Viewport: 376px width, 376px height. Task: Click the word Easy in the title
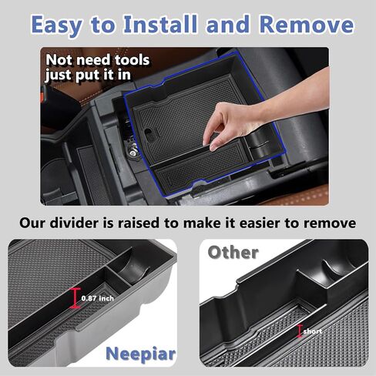[x=56, y=25]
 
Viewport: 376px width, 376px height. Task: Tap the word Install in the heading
[x=160, y=25]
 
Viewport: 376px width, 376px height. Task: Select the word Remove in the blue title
[x=307, y=25]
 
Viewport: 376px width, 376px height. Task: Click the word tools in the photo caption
[x=132, y=60]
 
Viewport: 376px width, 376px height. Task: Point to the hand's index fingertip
[x=213, y=148]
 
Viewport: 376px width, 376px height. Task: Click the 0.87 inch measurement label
[x=98, y=298]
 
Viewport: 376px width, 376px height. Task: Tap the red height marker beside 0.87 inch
[x=75, y=298]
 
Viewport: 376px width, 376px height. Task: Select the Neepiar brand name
[x=141, y=354]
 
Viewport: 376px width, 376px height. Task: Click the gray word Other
[x=233, y=253]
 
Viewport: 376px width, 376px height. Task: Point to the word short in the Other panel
[x=313, y=331]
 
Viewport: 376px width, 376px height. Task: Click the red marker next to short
[x=299, y=331]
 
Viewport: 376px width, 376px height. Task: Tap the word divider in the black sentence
[x=74, y=223]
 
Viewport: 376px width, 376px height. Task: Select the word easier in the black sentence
[x=260, y=223]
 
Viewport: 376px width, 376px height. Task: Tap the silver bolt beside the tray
[x=133, y=153]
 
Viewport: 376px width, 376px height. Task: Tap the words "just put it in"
[x=88, y=76]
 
